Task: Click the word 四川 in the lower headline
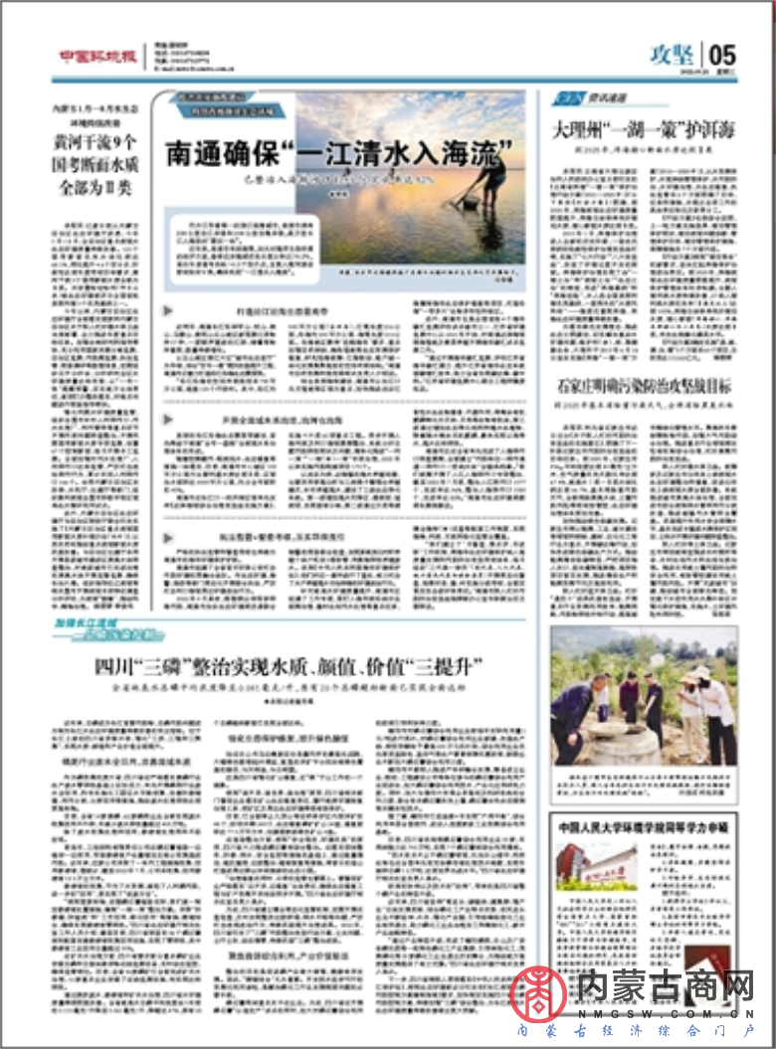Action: point(112,665)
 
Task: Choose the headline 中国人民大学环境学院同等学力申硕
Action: point(644,825)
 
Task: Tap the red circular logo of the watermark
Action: point(538,990)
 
